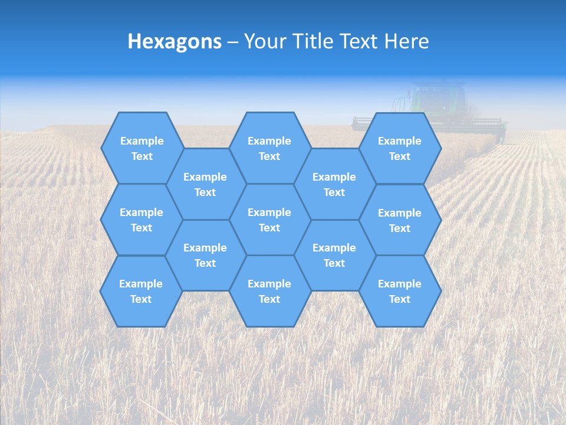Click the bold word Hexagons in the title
(x=175, y=41)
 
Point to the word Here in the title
(x=406, y=41)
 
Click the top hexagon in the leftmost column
(x=141, y=148)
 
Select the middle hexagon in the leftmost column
(x=141, y=220)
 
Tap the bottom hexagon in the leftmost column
(x=141, y=291)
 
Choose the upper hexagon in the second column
(x=205, y=184)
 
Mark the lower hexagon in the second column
(x=205, y=255)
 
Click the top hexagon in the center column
(x=269, y=148)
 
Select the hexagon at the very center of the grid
(x=269, y=220)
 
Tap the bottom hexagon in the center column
(x=269, y=291)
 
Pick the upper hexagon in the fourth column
(x=334, y=184)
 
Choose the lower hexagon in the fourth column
(x=334, y=255)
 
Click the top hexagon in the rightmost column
(x=400, y=148)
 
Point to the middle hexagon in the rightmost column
(x=400, y=220)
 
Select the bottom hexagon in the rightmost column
(x=400, y=291)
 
